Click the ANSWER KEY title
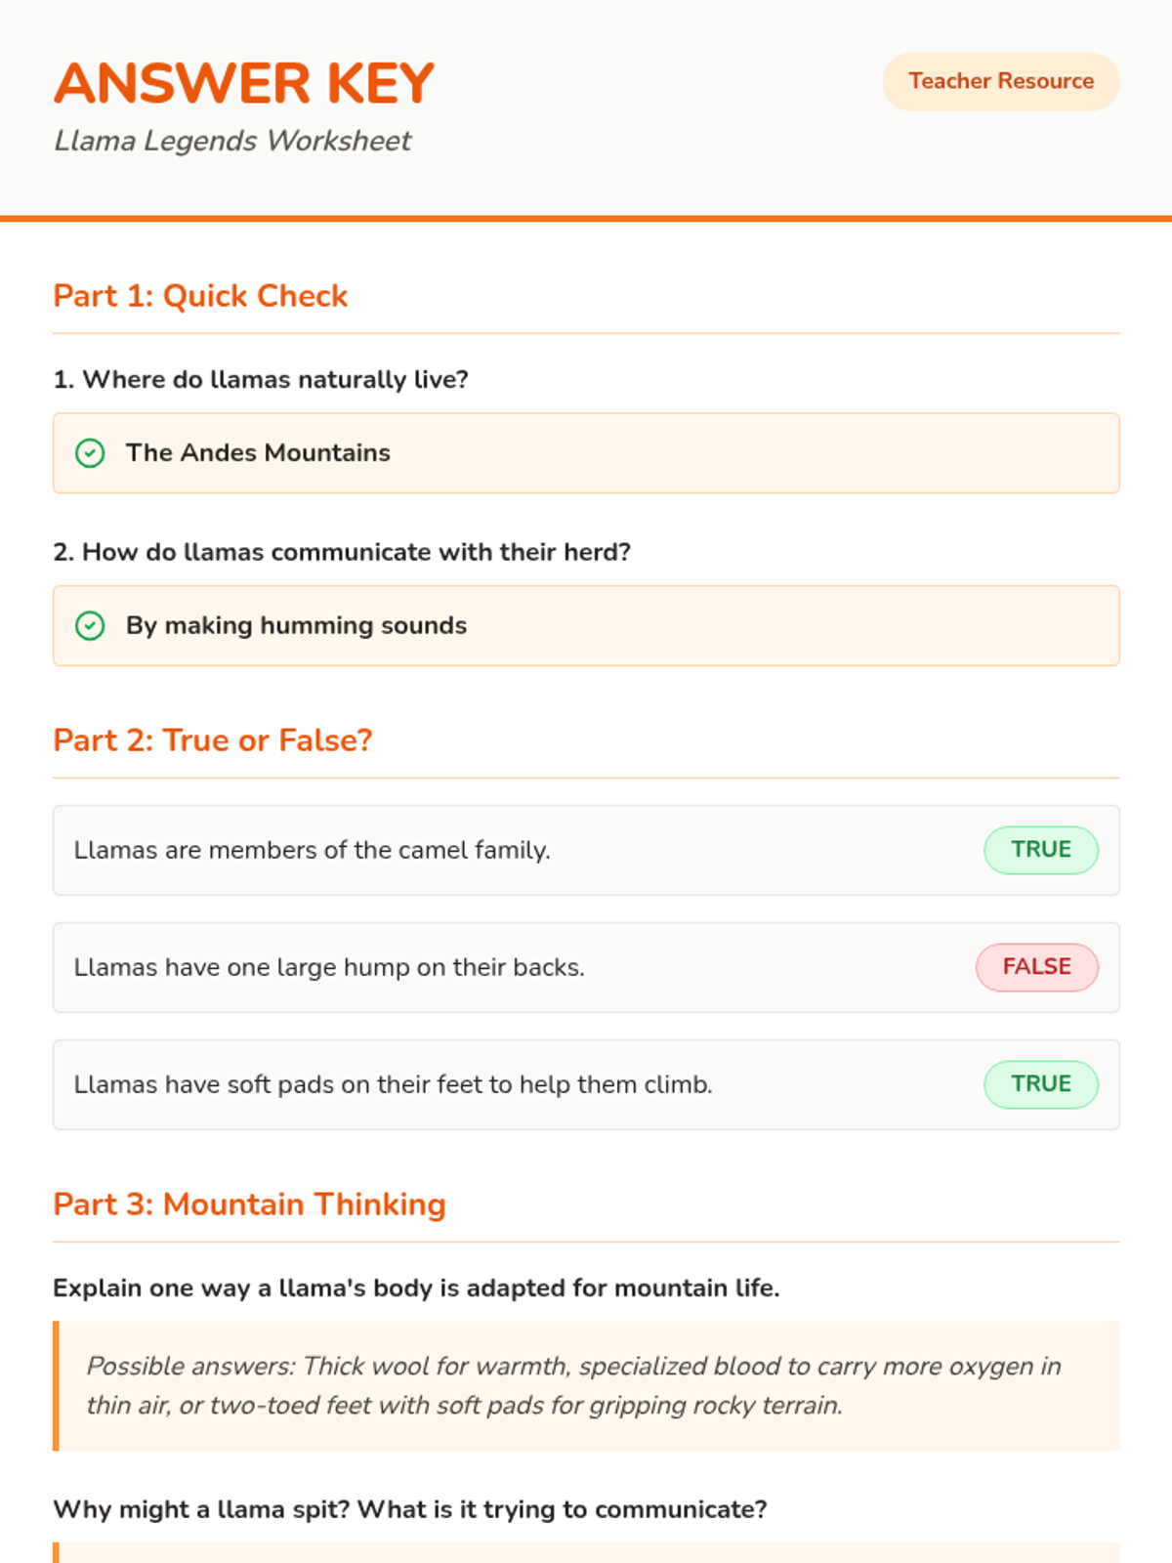244,83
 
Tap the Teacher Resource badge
1001,81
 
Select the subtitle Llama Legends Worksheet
232,141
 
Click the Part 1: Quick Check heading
200,296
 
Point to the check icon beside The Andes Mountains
90,453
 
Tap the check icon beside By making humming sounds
90,626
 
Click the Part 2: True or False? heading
213,740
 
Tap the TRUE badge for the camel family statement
1040,850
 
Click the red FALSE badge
1036,967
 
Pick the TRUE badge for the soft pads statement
1040,1084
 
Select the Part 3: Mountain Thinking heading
249,1204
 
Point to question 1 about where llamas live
261,379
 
